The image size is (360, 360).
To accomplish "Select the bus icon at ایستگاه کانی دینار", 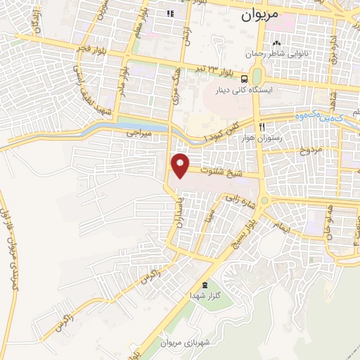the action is [244, 78].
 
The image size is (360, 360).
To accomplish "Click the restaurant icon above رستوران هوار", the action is [262, 127].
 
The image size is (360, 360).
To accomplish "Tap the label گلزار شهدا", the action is [205, 296].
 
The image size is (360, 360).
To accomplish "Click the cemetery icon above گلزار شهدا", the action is [205, 285].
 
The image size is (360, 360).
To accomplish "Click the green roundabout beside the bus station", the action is [256, 75].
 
